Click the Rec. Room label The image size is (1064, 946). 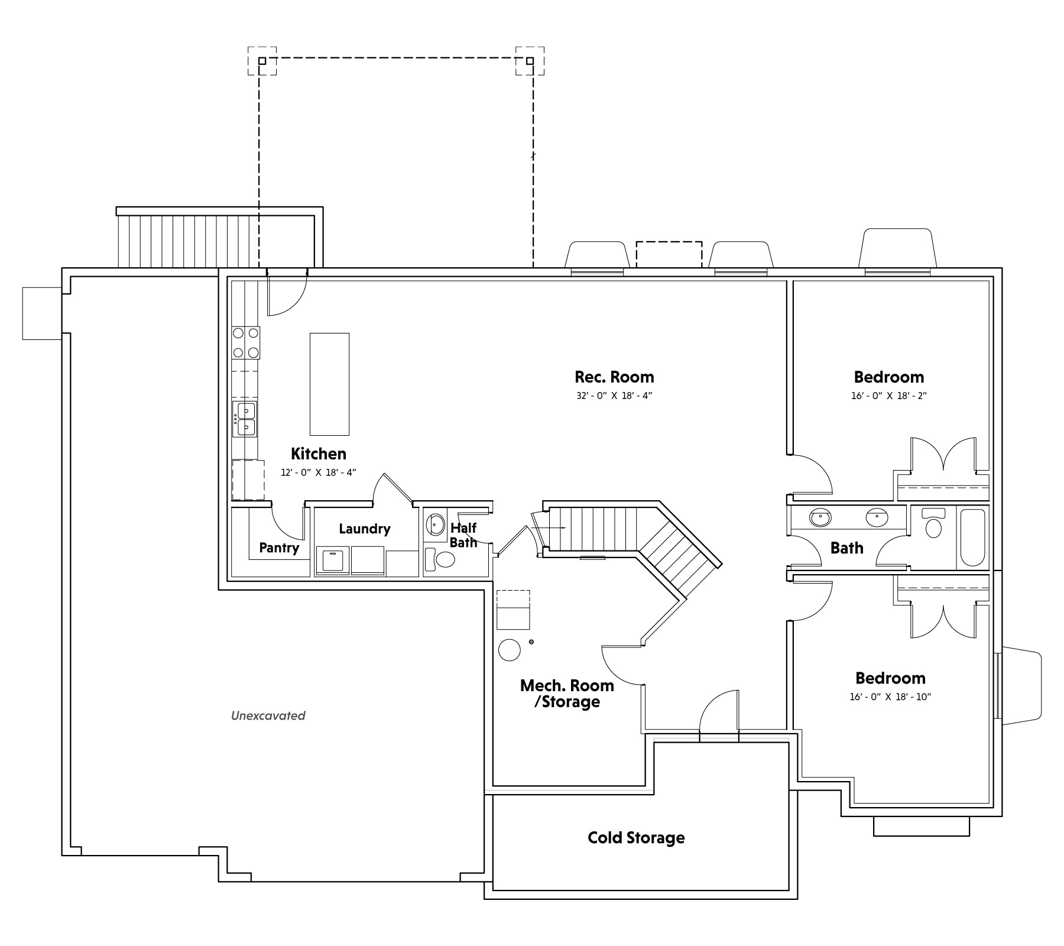click(614, 377)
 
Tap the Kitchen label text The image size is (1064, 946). click(319, 454)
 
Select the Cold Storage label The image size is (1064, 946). click(636, 838)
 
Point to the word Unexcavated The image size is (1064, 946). click(268, 716)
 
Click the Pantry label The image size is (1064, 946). click(279, 548)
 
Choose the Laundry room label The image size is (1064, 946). click(364, 529)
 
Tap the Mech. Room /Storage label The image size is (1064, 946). click(567, 694)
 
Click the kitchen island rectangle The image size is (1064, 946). click(329, 384)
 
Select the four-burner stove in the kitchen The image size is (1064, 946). click(246, 343)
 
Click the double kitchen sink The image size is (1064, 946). click(245, 419)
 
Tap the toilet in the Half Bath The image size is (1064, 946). click(440, 559)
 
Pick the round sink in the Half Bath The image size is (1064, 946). click(436, 524)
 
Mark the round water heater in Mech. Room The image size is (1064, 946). click(510, 650)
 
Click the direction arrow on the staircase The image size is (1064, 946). click(549, 527)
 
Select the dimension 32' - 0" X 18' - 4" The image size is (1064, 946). click(614, 396)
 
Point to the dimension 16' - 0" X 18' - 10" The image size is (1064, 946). click(890, 697)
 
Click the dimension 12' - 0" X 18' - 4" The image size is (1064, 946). click(319, 473)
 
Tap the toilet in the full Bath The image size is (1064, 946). click(933, 523)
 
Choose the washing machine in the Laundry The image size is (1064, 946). click(332, 561)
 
